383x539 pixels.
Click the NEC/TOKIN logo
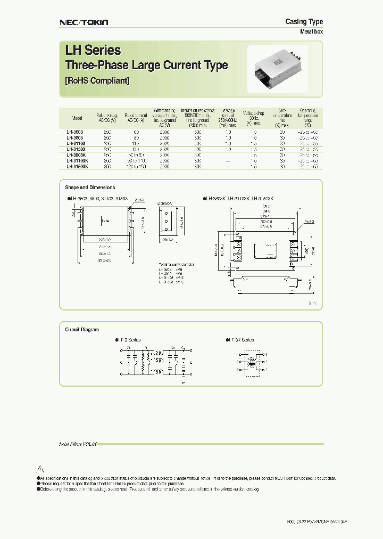(x=83, y=22)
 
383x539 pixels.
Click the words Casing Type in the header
(x=304, y=21)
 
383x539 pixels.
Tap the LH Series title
(x=93, y=51)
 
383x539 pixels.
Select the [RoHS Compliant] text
(x=97, y=81)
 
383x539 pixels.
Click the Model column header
(x=77, y=118)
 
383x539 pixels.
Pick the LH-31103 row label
(x=76, y=143)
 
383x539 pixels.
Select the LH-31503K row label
(x=78, y=166)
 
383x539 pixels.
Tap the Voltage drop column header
(x=253, y=117)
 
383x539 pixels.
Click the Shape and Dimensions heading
(x=90, y=187)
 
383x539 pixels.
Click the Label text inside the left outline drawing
(x=105, y=220)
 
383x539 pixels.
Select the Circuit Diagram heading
(x=82, y=330)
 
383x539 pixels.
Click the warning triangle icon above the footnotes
(x=39, y=469)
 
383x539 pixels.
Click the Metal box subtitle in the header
(x=312, y=32)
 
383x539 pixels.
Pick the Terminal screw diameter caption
(x=177, y=264)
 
